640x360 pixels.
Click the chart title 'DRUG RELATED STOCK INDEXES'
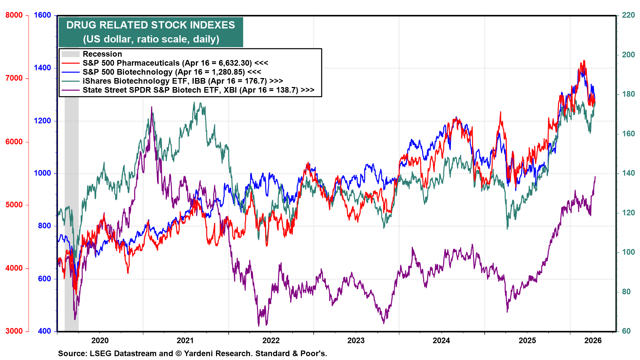click(151, 25)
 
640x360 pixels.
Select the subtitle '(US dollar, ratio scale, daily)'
click(151, 39)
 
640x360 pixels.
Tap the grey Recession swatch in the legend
click(71, 54)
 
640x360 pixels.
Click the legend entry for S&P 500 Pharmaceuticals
click(175, 63)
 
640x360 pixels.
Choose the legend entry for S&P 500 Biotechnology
click(172, 72)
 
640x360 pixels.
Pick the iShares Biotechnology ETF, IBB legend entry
click(183, 81)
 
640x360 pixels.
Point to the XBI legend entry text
click(198, 90)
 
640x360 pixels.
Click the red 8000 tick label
click(14, 15)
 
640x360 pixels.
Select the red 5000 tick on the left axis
click(14, 205)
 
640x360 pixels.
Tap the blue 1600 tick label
click(42, 15)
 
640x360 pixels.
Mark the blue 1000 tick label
click(42, 173)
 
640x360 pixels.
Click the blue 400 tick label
click(44, 331)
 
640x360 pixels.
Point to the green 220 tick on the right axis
click(628, 15)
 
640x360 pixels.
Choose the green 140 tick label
click(628, 173)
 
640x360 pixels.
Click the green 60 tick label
click(626, 331)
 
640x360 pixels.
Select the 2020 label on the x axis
click(100, 340)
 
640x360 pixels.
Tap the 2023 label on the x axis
click(356, 340)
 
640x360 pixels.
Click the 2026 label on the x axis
click(593, 340)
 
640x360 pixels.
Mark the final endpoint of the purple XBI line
click(595, 177)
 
